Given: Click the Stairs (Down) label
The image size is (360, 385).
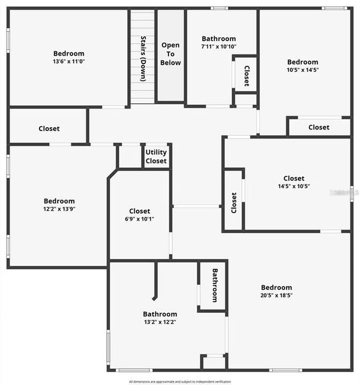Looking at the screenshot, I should pyautogui.click(x=143, y=58).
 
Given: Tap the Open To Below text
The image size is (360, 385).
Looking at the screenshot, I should pyautogui.click(x=171, y=54).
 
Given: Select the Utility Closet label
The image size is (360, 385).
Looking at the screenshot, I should pyautogui.click(x=156, y=157).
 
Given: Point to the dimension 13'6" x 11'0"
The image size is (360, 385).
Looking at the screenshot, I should pyautogui.click(x=68, y=61).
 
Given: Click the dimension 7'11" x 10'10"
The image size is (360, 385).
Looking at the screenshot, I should pyautogui.click(x=219, y=47).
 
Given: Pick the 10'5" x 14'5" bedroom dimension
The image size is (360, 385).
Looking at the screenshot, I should pyautogui.click(x=302, y=70).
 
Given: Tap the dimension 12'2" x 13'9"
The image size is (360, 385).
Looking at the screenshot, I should pyautogui.click(x=59, y=209).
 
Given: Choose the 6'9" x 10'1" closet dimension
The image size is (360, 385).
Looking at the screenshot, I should pyautogui.click(x=139, y=219).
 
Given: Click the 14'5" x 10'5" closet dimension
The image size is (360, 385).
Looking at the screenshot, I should pyautogui.click(x=294, y=187).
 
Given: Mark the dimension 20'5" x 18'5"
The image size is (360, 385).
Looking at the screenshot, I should pyautogui.click(x=277, y=295).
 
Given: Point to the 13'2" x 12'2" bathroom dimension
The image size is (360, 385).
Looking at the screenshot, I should pyautogui.click(x=160, y=322).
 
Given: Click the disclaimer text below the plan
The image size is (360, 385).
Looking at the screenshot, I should pyautogui.click(x=180, y=381).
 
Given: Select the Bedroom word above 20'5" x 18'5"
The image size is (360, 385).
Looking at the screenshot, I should pyautogui.click(x=277, y=287).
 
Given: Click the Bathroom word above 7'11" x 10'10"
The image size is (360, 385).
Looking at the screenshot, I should pyautogui.click(x=219, y=38).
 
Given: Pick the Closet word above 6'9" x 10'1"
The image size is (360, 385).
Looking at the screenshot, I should pyautogui.click(x=139, y=211).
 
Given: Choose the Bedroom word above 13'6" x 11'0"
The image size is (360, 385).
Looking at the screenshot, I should pyautogui.click(x=68, y=53).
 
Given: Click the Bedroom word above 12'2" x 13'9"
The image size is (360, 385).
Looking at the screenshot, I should pyautogui.click(x=59, y=201).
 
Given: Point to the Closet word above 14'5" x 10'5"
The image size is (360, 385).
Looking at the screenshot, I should pyautogui.click(x=294, y=179).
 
